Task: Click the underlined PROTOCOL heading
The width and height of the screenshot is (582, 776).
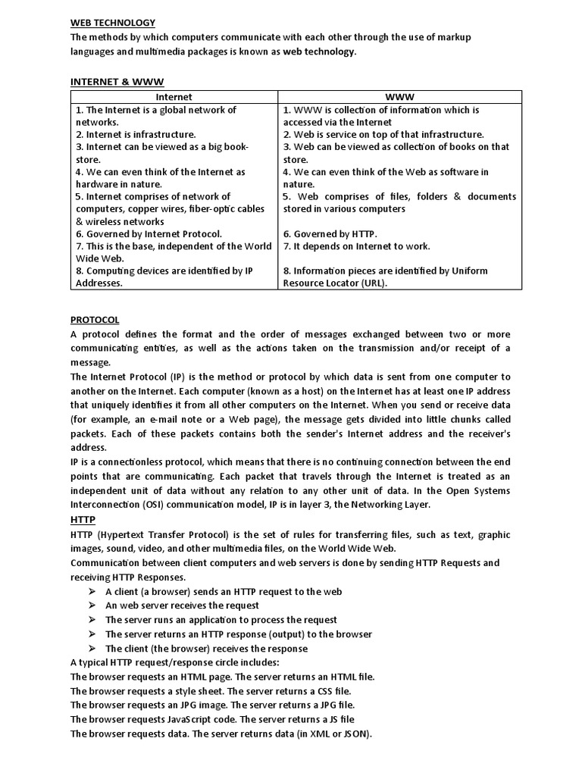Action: pyautogui.click(x=95, y=320)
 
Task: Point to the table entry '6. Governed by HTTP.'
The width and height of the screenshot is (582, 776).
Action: pyautogui.click(x=330, y=234)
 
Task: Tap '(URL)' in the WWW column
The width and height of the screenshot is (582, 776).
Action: pyautogui.click(x=372, y=283)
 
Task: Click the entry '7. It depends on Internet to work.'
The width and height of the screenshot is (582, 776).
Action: pyautogui.click(x=356, y=246)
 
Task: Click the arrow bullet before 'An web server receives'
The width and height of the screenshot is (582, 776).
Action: pyautogui.click(x=92, y=605)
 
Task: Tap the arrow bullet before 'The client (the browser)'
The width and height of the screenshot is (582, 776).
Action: pyautogui.click(x=92, y=649)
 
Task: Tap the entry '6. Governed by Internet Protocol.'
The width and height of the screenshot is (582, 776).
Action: pyautogui.click(x=149, y=234)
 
